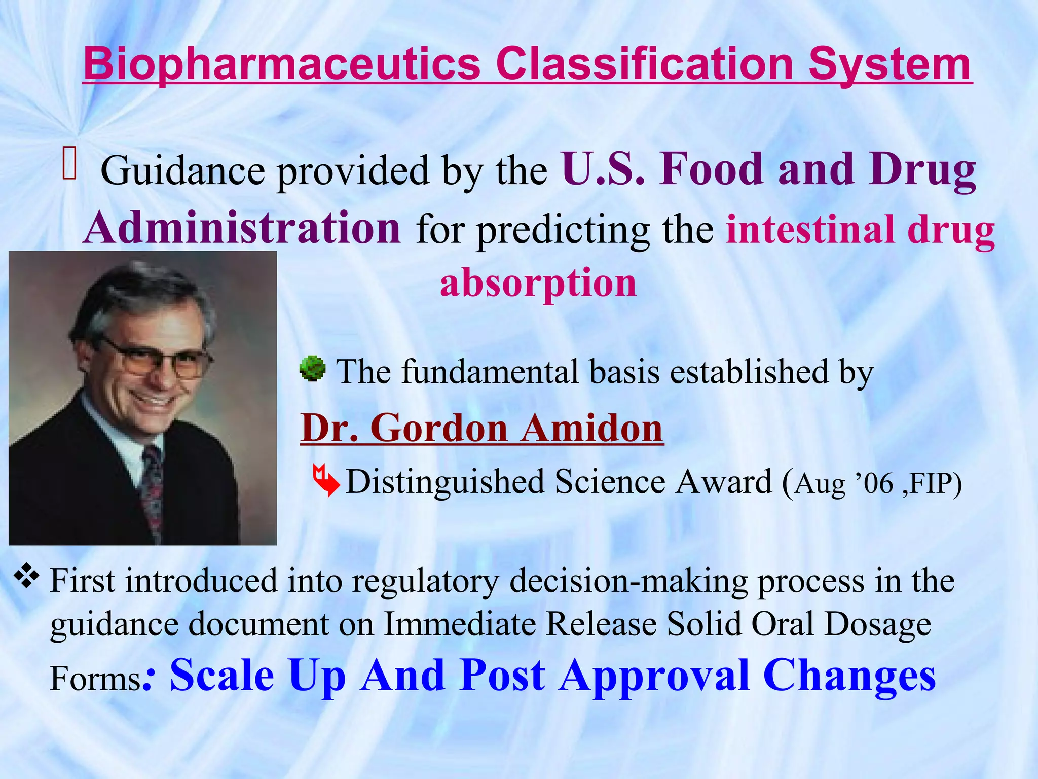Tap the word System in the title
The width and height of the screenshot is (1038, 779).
pos(889,64)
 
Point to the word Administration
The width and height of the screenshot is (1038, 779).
pos(242,228)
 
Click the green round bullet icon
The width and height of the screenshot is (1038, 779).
pos(312,369)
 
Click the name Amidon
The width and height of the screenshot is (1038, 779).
pos(592,428)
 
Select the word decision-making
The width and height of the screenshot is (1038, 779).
pos(628,581)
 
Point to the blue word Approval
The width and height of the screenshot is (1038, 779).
pos(655,675)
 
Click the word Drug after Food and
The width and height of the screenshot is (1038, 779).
pos(921,169)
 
